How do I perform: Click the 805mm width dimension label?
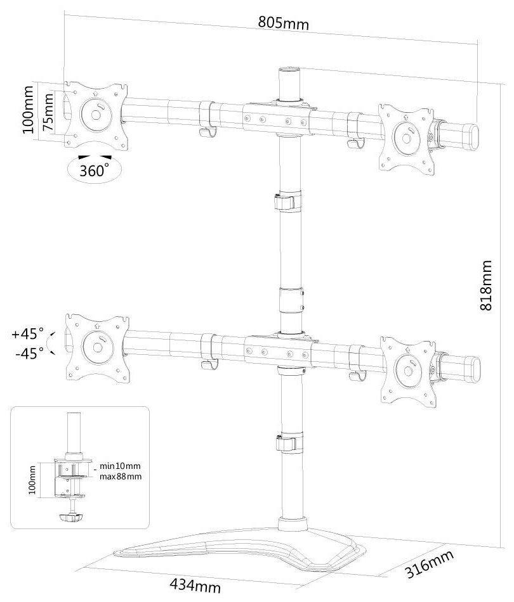[283, 23]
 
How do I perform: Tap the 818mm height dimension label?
[486, 285]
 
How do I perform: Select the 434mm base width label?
[195, 586]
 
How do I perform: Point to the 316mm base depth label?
[430, 564]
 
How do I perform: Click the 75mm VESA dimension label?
[48, 113]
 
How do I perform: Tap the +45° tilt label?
[28, 333]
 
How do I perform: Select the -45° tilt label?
[30, 353]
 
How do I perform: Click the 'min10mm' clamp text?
[120, 466]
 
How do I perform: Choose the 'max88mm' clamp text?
[121, 477]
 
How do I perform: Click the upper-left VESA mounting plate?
[96, 115]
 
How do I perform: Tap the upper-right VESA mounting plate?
[406, 138]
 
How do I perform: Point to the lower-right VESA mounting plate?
[409, 371]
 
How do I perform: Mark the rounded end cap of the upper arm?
[473, 136]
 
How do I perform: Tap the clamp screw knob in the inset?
[71, 518]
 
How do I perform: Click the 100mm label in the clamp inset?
[32, 480]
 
